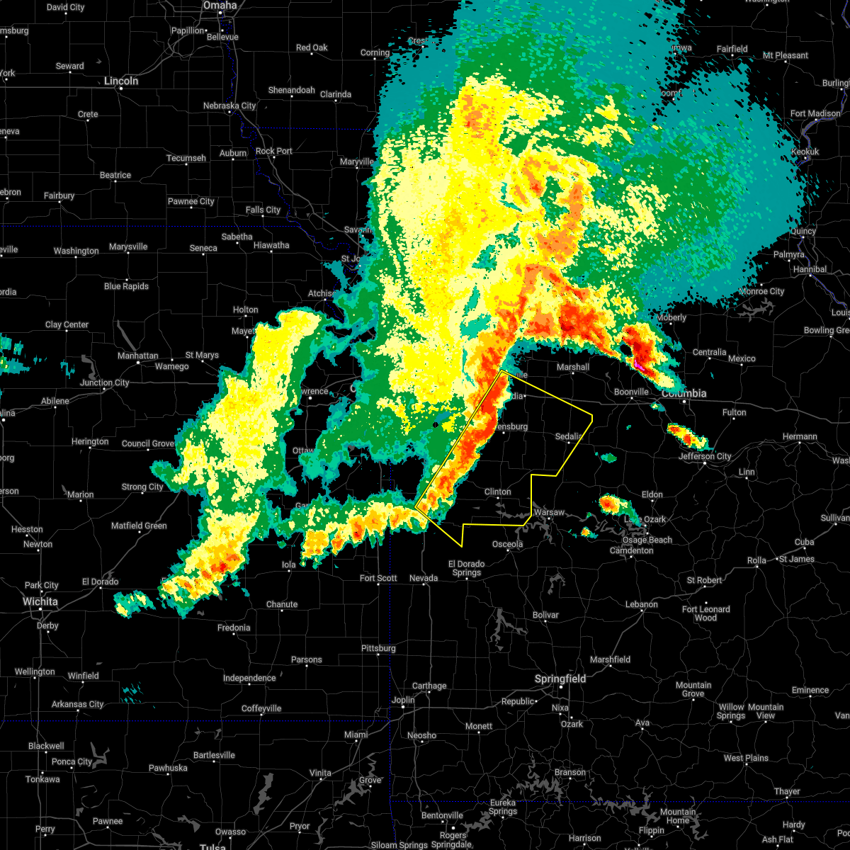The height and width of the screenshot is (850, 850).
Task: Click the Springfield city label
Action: (560, 679)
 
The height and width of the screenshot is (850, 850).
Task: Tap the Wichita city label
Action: (40, 601)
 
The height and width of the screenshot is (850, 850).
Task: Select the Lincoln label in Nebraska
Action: (121, 81)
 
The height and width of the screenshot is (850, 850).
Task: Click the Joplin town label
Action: (403, 700)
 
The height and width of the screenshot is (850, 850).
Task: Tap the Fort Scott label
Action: (378, 578)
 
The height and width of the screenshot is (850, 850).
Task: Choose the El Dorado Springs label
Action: (466, 568)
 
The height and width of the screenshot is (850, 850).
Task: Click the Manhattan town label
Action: (138, 356)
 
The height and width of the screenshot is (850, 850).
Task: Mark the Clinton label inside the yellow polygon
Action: (497, 492)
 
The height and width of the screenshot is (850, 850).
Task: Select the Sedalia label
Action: (568, 436)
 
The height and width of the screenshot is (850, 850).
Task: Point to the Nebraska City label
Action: (229, 106)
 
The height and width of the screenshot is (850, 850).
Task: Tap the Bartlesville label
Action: (213, 755)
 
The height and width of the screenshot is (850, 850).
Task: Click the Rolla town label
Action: (756, 560)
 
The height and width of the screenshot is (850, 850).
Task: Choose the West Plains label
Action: (746, 758)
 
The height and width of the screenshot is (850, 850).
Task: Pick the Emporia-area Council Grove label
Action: (148, 443)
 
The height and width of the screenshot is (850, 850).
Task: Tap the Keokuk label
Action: (805, 152)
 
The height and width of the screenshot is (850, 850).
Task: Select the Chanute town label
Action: (282, 604)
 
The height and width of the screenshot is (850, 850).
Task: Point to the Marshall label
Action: (573, 367)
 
